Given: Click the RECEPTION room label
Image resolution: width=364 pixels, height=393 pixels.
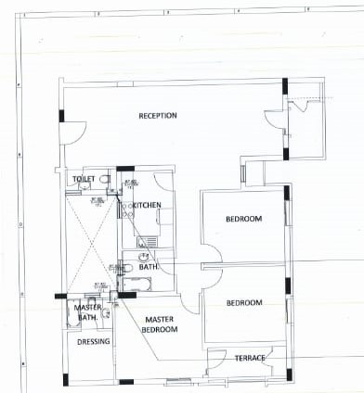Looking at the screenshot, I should click(x=158, y=116).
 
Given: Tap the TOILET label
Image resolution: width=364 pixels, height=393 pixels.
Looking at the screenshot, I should click(x=84, y=179).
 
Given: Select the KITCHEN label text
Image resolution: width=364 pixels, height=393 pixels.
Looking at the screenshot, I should click(x=147, y=205).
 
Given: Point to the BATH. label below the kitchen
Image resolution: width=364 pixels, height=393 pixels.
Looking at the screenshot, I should click(x=149, y=267).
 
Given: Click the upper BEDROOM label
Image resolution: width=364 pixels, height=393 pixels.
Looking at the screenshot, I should click(x=243, y=219).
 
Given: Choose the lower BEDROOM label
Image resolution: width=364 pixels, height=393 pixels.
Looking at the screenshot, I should click(x=243, y=302).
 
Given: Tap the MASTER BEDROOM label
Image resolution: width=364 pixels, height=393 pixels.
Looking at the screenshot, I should click(x=161, y=324).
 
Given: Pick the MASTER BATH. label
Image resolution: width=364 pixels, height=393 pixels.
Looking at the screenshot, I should click(x=87, y=312).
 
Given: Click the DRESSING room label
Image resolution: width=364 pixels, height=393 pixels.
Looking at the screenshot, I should click(x=94, y=341).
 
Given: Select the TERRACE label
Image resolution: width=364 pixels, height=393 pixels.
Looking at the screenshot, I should click(x=249, y=358).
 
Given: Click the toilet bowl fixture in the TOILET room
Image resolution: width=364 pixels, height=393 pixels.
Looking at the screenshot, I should click(x=105, y=179).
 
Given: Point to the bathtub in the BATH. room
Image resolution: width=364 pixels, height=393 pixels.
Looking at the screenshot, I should click(x=139, y=282).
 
